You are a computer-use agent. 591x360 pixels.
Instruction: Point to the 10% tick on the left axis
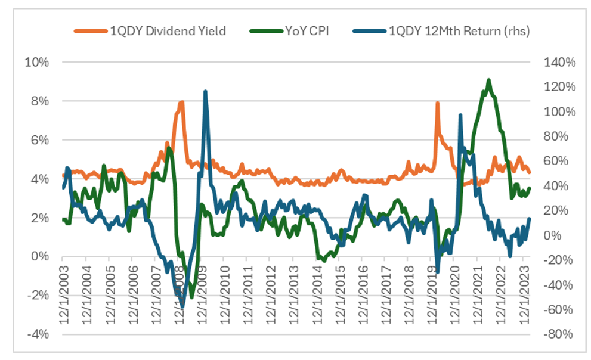(x=37, y=63)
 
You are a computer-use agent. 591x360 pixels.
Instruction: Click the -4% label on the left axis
(x=37, y=334)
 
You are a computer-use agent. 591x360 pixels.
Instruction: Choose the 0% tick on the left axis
(x=41, y=256)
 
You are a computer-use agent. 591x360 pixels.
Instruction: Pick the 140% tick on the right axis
(x=556, y=63)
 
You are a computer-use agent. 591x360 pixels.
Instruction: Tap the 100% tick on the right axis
(x=556, y=111)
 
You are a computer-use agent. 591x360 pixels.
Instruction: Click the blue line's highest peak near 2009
(x=205, y=92)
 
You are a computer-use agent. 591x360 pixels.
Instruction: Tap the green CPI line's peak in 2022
(x=488, y=80)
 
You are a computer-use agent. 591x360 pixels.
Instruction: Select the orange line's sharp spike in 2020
(x=437, y=103)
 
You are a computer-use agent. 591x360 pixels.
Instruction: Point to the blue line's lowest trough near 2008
(x=182, y=306)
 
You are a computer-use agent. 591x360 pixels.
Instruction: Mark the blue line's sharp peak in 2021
(x=460, y=115)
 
